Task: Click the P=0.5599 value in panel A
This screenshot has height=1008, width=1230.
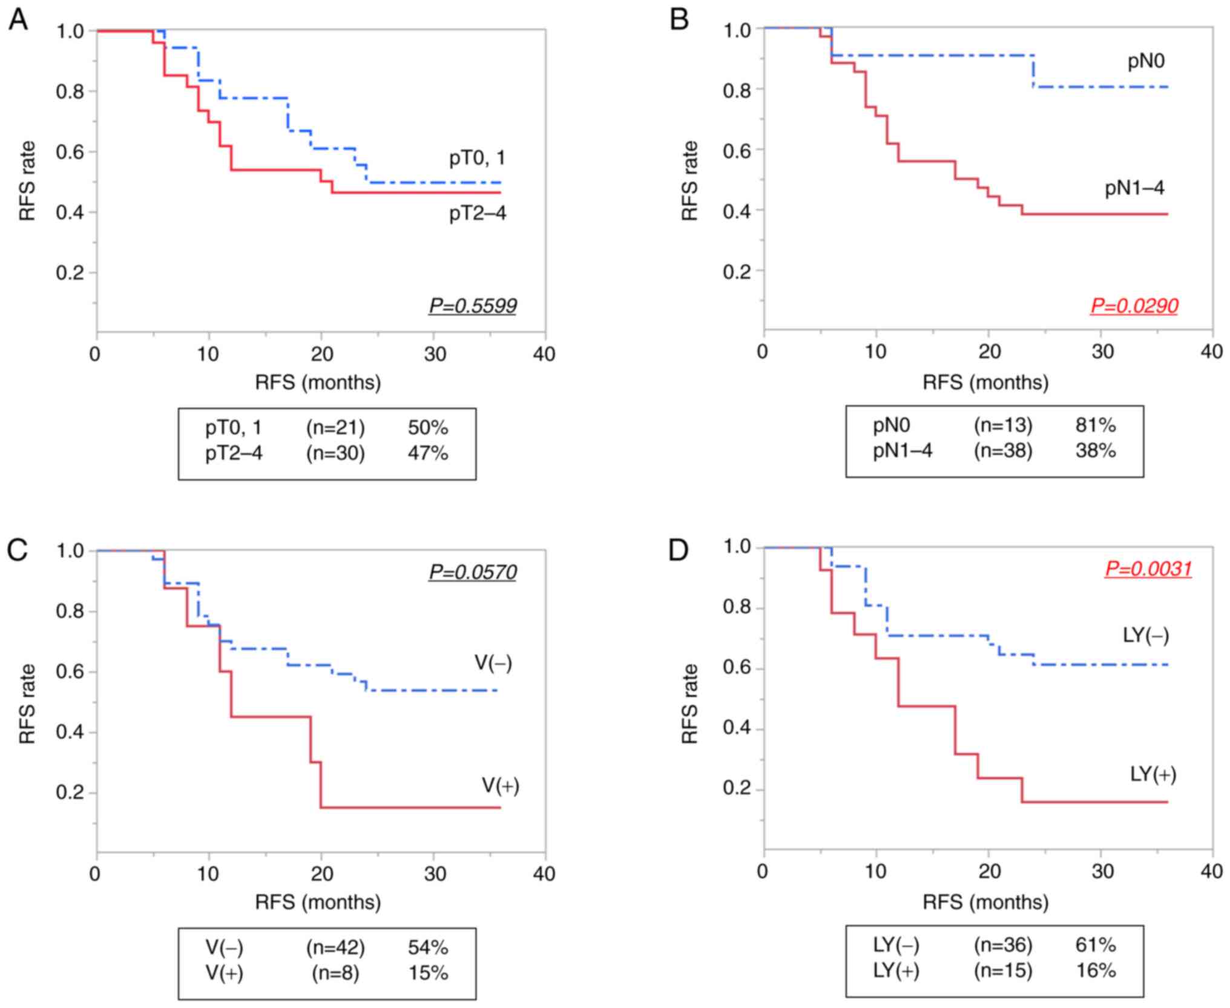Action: point(473,306)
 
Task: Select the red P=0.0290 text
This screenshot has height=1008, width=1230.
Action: point(1134,306)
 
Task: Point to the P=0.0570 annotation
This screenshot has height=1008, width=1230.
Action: point(473,572)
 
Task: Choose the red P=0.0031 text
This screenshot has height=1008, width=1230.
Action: point(1148,568)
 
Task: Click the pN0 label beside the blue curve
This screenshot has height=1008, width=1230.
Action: point(1146,61)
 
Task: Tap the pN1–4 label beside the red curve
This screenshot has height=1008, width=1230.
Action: point(1134,188)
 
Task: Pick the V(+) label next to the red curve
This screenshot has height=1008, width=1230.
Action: point(500,786)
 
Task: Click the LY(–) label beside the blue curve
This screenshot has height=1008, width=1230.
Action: point(1146,635)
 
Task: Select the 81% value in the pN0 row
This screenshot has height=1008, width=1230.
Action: point(1096,426)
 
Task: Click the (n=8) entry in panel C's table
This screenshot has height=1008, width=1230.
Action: point(335,973)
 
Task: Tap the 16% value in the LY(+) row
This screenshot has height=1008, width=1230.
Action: point(1096,970)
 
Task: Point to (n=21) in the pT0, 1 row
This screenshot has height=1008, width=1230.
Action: point(335,428)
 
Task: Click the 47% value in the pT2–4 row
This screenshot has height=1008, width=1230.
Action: point(428,453)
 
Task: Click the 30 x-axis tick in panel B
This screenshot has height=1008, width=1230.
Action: point(1102,352)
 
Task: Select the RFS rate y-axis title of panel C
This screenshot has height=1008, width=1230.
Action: point(28,704)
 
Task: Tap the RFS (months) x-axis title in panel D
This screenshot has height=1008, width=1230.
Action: point(985,902)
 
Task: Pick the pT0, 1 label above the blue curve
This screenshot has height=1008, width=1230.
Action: point(477,159)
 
